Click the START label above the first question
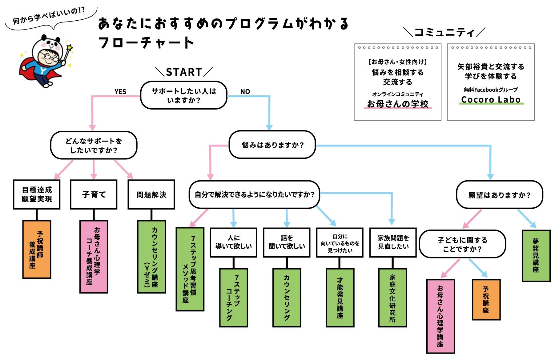click(x=184, y=72)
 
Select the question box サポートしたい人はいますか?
click(x=184, y=95)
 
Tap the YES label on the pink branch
click(x=120, y=92)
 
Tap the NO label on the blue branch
click(x=245, y=92)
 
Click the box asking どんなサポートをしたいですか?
click(x=94, y=146)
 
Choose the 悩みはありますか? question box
click(x=272, y=145)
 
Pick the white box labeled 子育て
click(x=94, y=195)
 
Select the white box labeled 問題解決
click(x=151, y=195)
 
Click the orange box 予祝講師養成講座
click(x=37, y=250)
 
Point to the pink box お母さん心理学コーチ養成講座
click(x=94, y=257)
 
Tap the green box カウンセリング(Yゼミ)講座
click(x=151, y=257)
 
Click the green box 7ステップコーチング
click(x=233, y=298)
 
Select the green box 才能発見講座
click(x=340, y=298)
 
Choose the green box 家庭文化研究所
click(x=392, y=298)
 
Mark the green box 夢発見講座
click(x=536, y=256)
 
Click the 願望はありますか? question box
click(x=499, y=195)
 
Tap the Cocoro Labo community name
click(x=491, y=100)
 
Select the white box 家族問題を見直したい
click(x=393, y=242)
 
